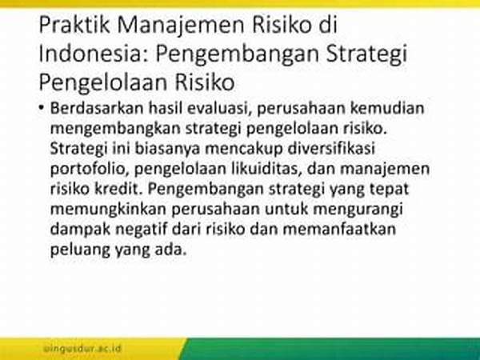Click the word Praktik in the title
click(x=74, y=25)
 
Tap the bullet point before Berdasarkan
click(x=42, y=108)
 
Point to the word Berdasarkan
click(x=97, y=108)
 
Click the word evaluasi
click(x=219, y=108)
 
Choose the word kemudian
click(x=387, y=108)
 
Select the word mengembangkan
click(x=115, y=129)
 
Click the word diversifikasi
click(x=331, y=149)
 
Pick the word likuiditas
click(x=266, y=169)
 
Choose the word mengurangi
click(x=358, y=210)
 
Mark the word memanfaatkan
click(x=339, y=230)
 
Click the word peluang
click(x=80, y=250)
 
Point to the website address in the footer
click(x=82, y=348)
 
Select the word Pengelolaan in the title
click(x=103, y=82)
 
